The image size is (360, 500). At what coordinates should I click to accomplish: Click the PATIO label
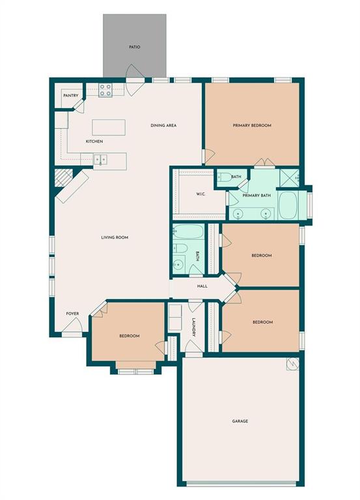tap(134, 48)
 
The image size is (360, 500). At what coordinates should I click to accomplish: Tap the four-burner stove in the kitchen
tap(106, 90)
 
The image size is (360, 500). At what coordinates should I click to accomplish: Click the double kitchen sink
tap(100, 158)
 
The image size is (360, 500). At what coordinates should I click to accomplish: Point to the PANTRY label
tap(71, 96)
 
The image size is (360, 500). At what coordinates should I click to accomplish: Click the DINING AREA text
tap(163, 126)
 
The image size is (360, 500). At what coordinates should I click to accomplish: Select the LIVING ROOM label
tap(114, 238)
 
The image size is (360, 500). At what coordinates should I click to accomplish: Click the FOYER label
tap(72, 314)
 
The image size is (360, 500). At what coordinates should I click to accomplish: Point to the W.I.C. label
tap(201, 195)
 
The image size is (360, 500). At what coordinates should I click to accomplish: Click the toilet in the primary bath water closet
tap(223, 176)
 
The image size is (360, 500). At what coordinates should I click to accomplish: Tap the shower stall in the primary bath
tap(289, 176)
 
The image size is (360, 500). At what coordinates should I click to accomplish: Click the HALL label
tap(202, 286)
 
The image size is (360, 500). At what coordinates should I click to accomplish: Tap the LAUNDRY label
tap(194, 327)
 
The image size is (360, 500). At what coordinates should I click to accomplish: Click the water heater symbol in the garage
tap(292, 363)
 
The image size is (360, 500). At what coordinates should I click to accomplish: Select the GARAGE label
tap(240, 421)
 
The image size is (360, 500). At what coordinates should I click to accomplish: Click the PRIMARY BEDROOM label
tap(252, 126)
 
